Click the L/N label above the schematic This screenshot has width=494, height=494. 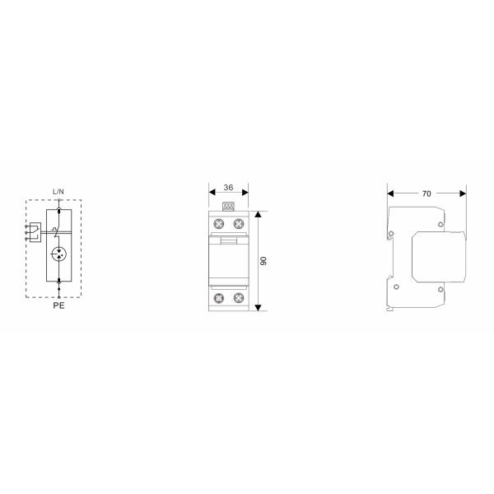tap(59, 193)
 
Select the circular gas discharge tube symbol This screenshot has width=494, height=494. tap(59, 255)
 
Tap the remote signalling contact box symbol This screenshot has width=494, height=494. tap(33, 232)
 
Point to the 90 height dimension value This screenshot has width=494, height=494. tap(263, 260)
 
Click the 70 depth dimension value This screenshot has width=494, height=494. tap(426, 193)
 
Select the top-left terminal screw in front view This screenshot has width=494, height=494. tap(220, 224)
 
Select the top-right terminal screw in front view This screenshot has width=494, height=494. tap(239, 224)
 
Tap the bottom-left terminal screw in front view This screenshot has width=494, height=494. tap(220, 298)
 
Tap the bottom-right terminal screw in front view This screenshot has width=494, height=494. tap(239, 298)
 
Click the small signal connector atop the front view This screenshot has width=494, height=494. tap(229, 207)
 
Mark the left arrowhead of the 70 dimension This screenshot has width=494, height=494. tap(391, 194)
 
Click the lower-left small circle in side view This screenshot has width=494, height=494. tap(398, 287)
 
